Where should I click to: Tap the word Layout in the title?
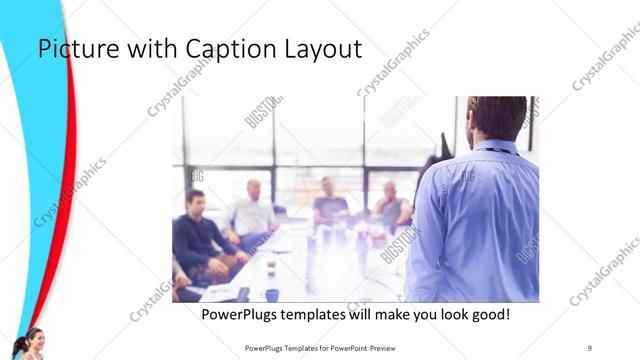point(323,49)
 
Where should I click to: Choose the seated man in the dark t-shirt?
point(329,204)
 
